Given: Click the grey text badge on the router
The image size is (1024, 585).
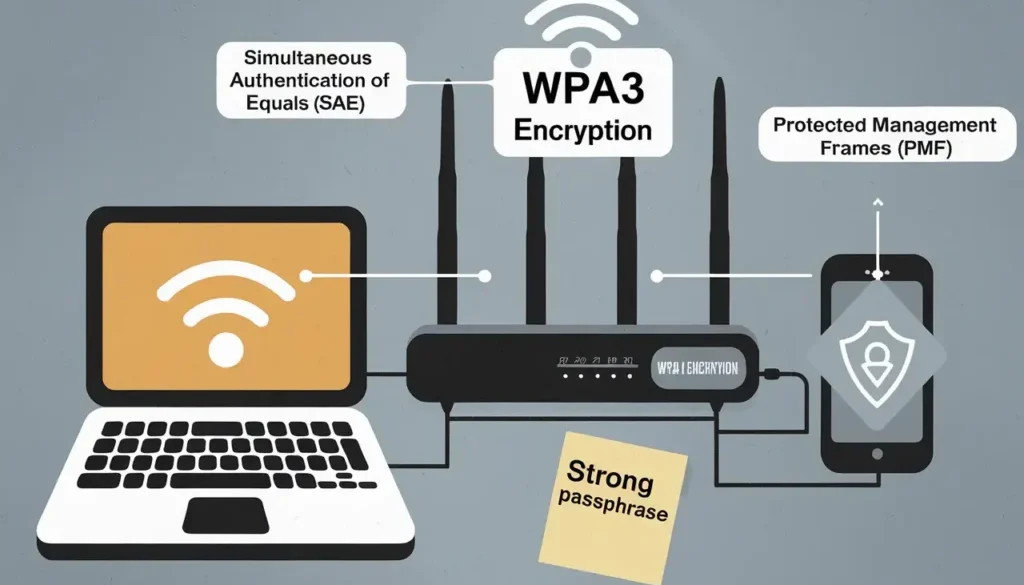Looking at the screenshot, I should (696, 369).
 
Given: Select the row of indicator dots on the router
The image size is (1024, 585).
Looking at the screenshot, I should (596, 377).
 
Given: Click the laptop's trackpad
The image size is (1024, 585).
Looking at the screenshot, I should (224, 514).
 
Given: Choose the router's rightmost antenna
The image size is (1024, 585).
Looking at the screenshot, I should (717, 200).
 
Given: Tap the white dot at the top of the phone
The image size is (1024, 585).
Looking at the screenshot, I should (877, 272).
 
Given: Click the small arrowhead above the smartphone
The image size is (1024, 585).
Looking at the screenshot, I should (878, 203).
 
